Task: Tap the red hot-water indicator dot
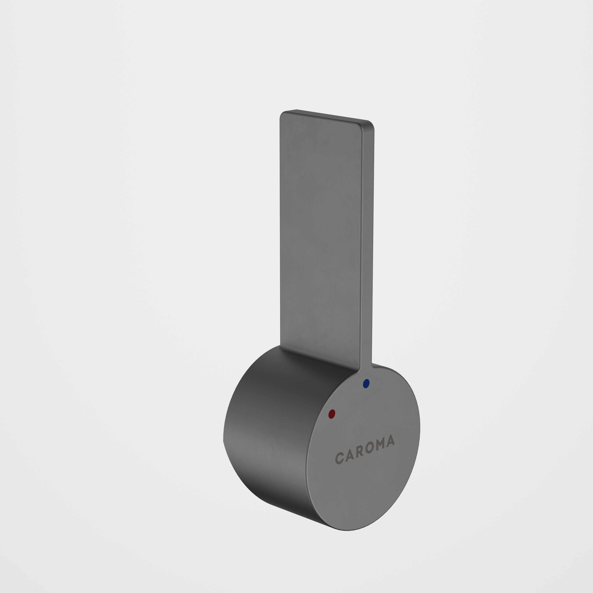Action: pyautogui.click(x=332, y=414)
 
